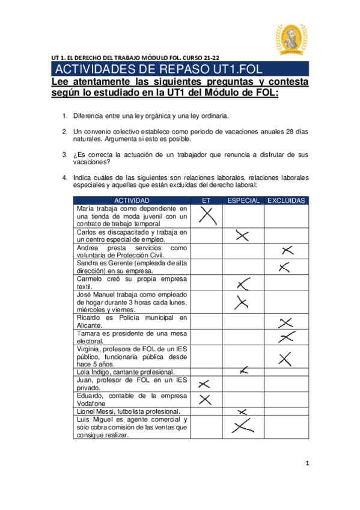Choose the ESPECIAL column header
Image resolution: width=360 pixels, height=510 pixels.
[243, 200]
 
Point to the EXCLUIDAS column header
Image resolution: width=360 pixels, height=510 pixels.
[286, 200]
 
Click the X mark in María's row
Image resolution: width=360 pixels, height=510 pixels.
[207, 215]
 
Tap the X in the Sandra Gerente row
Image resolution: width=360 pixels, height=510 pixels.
[285, 266]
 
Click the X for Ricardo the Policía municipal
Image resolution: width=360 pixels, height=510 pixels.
[287, 322]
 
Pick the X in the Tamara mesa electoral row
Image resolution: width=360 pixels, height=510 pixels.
[288, 337]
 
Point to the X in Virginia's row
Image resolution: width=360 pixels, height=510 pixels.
[285, 359]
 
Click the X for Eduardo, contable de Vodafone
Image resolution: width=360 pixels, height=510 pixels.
[205, 399]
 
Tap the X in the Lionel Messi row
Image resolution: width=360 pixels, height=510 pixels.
[242, 411]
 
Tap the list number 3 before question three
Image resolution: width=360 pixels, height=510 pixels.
[65, 155]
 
